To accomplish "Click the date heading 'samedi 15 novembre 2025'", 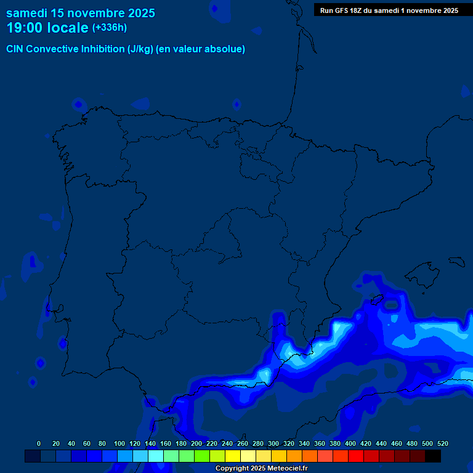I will coord(81,13).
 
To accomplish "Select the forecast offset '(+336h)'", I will coord(109,28).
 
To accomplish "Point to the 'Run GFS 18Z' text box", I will coord(389,10).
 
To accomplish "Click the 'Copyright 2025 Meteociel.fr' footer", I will coord(261,469).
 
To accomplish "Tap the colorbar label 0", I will coord(39,443).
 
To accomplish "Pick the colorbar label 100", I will coord(119,443).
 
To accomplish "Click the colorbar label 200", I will coord(196,443).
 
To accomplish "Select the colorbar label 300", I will coord(273,443).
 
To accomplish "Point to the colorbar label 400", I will coord(350,443).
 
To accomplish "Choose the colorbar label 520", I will coord(443,443).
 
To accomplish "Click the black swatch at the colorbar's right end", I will coord(433,456).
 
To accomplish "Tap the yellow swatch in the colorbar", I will coord(233,456).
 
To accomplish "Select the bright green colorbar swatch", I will coord(202,456).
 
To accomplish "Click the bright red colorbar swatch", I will coord(356,456).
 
